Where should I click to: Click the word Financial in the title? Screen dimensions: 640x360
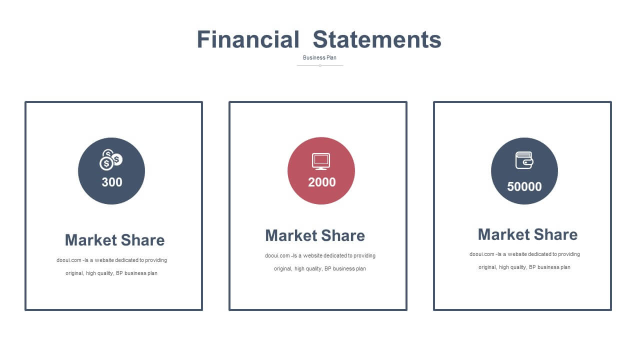click(x=248, y=39)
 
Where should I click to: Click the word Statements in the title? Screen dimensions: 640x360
click(x=377, y=39)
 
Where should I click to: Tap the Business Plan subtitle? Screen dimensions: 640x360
click(x=319, y=57)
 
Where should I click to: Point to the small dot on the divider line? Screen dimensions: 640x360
click(x=320, y=65)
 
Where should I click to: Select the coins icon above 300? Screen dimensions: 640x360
click(x=111, y=160)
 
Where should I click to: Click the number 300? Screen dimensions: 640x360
click(x=112, y=182)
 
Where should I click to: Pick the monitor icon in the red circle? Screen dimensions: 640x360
click(x=321, y=161)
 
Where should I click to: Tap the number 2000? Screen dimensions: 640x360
click(x=321, y=182)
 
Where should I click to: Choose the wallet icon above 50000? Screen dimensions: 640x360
click(x=524, y=160)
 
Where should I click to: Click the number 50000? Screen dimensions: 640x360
click(x=524, y=187)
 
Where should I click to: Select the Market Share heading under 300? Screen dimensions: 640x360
click(x=114, y=240)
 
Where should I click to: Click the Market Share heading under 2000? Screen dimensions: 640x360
click(x=315, y=235)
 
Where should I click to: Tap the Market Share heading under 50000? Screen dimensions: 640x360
click(x=527, y=234)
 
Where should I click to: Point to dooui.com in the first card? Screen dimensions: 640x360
click(x=68, y=260)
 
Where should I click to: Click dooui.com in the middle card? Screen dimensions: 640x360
click(x=277, y=255)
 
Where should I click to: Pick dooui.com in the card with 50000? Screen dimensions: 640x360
click(x=481, y=254)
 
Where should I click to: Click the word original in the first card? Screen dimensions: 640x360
click(x=74, y=273)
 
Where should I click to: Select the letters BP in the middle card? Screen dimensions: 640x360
click(x=327, y=269)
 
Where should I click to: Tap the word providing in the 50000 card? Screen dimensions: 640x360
click(x=569, y=254)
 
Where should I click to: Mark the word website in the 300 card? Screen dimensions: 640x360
click(x=104, y=260)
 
